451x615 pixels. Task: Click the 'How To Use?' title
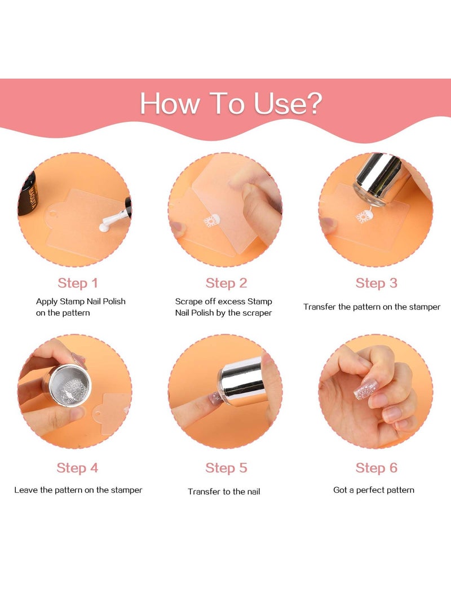(x=231, y=104)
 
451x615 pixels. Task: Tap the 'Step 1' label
(x=78, y=283)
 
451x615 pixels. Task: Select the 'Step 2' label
(x=226, y=283)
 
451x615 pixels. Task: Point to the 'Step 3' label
(x=377, y=283)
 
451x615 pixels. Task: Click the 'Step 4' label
(x=77, y=468)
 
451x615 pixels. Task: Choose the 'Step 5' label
(x=226, y=468)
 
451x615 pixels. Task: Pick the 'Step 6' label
(x=377, y=468)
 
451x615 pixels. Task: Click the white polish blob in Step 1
(x=105, y=226)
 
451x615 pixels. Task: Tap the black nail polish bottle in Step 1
(x=28, y=194)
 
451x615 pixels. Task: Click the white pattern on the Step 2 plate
(x=211, y=221)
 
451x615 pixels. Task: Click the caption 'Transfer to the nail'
(x=224, y=492)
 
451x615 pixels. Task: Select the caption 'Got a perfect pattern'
(x=374, y=490)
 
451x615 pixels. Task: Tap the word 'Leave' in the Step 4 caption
(x=26, y=490)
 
